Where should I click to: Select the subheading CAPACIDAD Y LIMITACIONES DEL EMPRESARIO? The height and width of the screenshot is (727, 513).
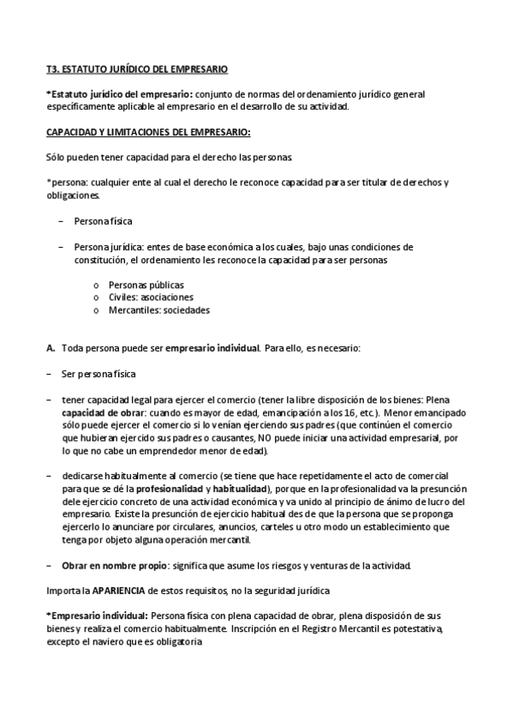[x=148, y=133]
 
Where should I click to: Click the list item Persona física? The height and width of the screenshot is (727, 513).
[x=103, y=221]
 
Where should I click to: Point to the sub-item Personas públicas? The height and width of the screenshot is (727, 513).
[x=146, y=285]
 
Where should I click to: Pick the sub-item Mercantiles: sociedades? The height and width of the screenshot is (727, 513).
[x=158, y=309]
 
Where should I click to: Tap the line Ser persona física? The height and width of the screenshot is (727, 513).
[x=98, y=374]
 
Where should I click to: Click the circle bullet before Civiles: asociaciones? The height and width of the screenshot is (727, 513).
[x=96, y=297]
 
